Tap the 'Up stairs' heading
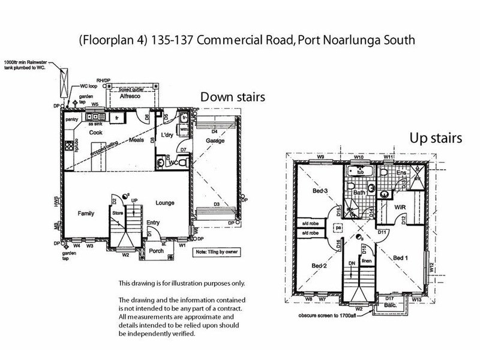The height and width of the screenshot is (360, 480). pyautogui.click(x=436, y=139)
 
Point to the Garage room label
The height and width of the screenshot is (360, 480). pyautogui.click(x=214, y=140)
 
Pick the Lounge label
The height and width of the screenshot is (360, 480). pyautogui.click(x=164, y=203)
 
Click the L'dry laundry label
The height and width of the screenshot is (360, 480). pyautogui.click(x=167, y=136)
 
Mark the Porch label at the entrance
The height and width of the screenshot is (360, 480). pyautogui.click(x=157, y=250)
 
